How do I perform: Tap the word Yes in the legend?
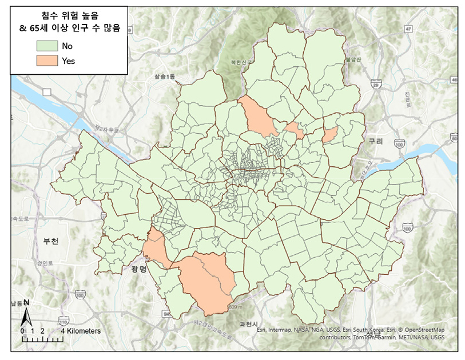69,60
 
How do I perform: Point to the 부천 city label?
50,241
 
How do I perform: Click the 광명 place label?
139,269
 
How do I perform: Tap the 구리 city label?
375,141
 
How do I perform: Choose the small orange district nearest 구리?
330,135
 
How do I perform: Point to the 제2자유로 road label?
107,130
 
